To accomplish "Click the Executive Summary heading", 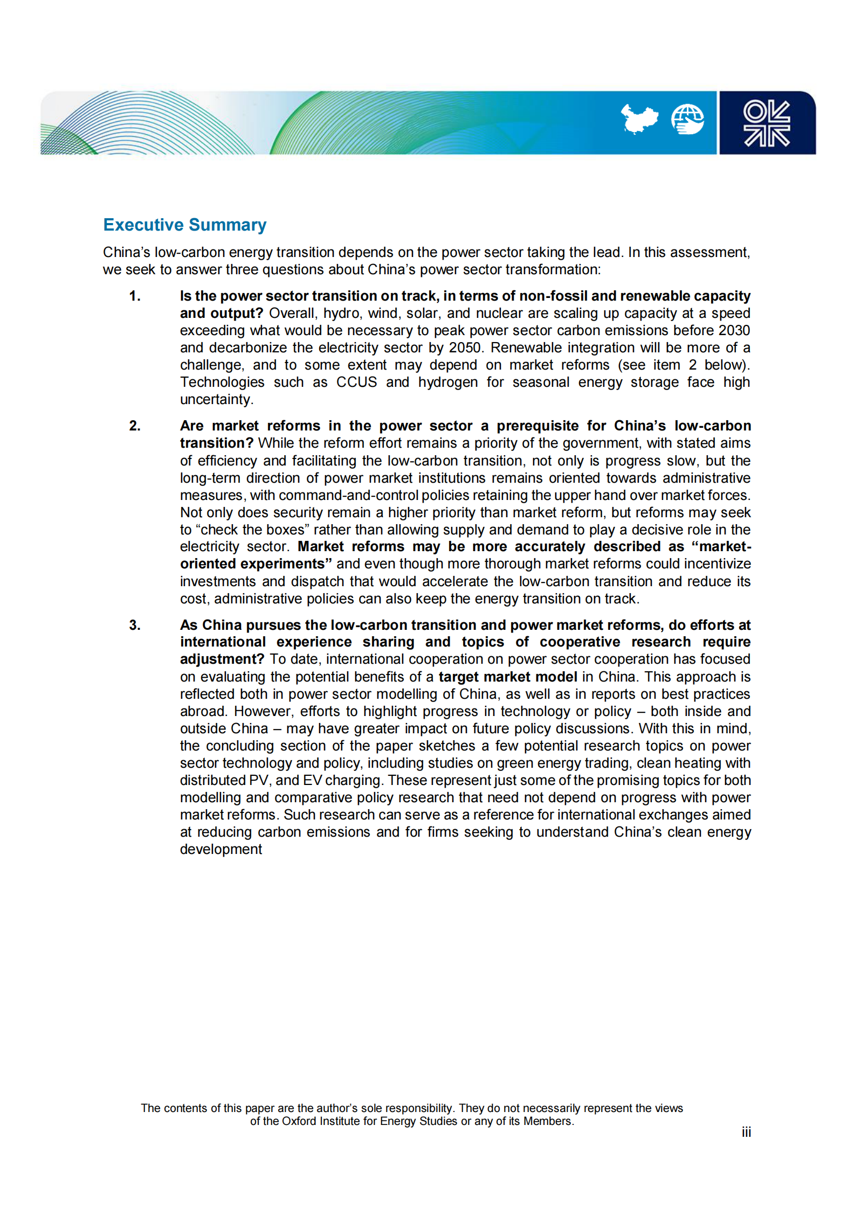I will coord(184,225).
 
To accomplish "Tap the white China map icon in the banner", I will coord(639,119).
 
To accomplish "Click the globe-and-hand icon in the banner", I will coord(687,119).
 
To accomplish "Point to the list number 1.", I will coord(135,296).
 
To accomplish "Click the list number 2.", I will coord(135,426).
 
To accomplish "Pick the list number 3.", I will coord(135,625).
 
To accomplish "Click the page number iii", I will coord(746,1131).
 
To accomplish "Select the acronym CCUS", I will coord(356,382).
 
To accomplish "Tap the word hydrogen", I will coord(447,382).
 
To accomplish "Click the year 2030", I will coord(734,330).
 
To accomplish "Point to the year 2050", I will coord(465,348).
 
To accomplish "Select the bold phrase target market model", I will coord(508,677).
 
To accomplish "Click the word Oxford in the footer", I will coord(299,1121).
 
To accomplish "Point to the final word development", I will coord(221,849).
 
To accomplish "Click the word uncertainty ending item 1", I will coord(216,399).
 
